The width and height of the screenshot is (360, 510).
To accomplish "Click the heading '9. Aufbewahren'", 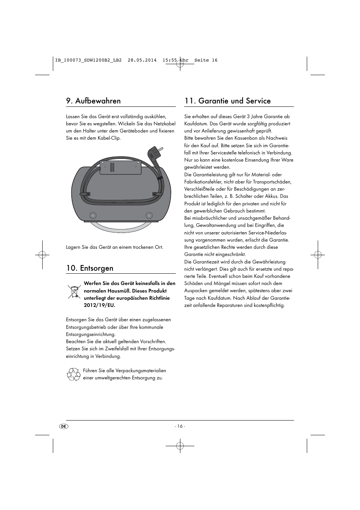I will pyautogui.click(x=93, y=101).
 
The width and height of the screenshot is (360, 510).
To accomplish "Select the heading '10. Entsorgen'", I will pyautogui.click(x=89, y=268).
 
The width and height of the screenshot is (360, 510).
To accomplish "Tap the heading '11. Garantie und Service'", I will pyautogui.click(x=228, y=101).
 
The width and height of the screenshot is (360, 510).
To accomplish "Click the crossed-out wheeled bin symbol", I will pyautogui.click(x=74, y=292).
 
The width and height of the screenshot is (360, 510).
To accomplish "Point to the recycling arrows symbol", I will pyautogui.click(x=73, y=374).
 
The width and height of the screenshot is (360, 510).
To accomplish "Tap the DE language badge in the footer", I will pyautogui.click(x=64, y=426).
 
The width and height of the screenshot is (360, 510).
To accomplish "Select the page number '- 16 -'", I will pyautogui.click(x=180, y=426).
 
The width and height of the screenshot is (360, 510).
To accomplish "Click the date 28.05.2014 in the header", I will pyautogui.click(x=142, y=60).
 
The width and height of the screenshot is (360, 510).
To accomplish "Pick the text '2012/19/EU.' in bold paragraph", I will pyautogui.click(x=99, y=305).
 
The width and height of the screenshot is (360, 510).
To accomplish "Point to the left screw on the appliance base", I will pyautogui.click(x=92, y=216).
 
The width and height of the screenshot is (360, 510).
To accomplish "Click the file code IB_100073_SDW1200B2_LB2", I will pyautogui.click(x=88, y=60).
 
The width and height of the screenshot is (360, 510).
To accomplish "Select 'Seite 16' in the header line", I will pyautogui.click(x=206, y=60).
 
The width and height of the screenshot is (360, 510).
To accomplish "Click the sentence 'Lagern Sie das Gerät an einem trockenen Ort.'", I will pyautogui.click(x=115, y=247).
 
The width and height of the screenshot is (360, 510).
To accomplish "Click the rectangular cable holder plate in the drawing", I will pyautogui.click(x=120, y=167).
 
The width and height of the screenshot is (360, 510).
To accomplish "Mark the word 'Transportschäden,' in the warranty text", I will pyautogui.click(x=272, y=182).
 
